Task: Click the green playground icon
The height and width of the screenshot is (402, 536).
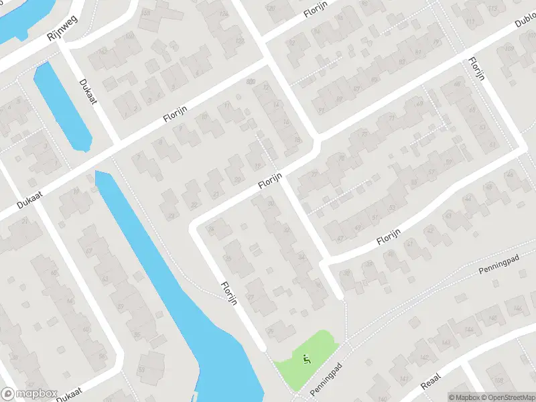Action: (x=307, y=360)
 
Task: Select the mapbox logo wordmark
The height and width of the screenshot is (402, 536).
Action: (x=31, y=394)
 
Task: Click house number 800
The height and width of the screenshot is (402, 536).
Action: (x=251, y=82)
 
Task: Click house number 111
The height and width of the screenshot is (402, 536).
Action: (x=470, y=22)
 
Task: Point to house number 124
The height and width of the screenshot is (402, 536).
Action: (x=224, y=13)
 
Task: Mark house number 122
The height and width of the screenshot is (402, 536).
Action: (x=239, y=40)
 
